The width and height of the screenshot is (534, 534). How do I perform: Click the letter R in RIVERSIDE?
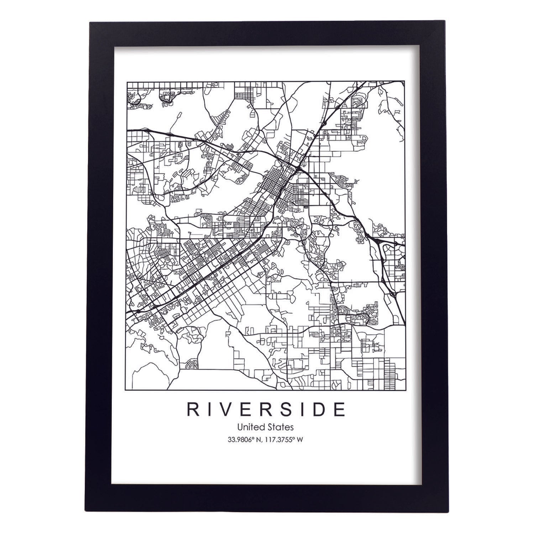tap(193, 410)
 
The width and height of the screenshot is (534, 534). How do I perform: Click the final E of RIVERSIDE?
tap(339, 410)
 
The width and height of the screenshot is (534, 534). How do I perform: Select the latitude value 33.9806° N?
tap(246, 440)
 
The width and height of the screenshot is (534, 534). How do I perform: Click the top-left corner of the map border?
tap(127, 82)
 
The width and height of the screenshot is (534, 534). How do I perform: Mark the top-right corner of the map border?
tap(405, 82)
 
